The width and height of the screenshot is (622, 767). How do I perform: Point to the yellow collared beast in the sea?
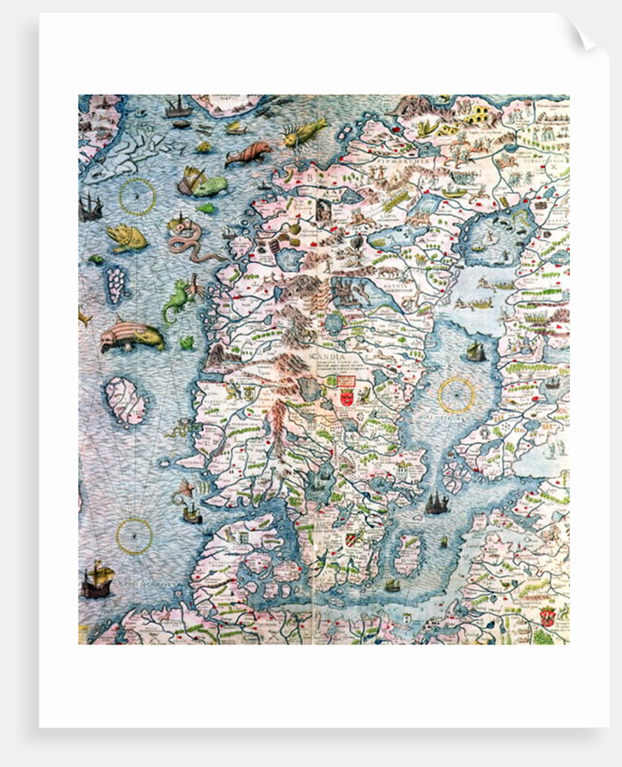(126, 237)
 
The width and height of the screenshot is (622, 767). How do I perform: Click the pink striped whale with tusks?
(132, 336)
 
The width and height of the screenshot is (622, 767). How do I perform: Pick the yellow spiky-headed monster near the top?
(304, 134)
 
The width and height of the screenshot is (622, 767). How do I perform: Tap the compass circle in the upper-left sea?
(138, 196)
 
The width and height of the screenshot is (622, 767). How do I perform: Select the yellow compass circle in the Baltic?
(456, 394)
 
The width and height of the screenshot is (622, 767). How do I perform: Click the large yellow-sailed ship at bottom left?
(96, 580)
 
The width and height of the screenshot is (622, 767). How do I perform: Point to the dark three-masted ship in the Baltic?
(437, 503)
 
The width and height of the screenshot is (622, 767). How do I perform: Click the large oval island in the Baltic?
(407, 555)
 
